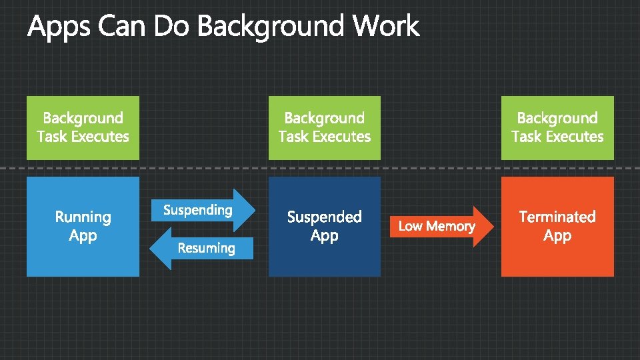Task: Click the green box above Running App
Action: [83, 127]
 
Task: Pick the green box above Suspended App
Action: [325, 127]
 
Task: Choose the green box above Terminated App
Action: [557, 127]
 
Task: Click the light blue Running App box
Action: [83, 257]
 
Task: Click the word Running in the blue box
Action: [83, 217]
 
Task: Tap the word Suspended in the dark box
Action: [325, 217]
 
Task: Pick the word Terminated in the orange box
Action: [557, 217]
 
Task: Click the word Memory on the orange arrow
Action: [451, 227]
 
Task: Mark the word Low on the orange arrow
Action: [410, 227]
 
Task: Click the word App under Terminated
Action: [557, 235]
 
